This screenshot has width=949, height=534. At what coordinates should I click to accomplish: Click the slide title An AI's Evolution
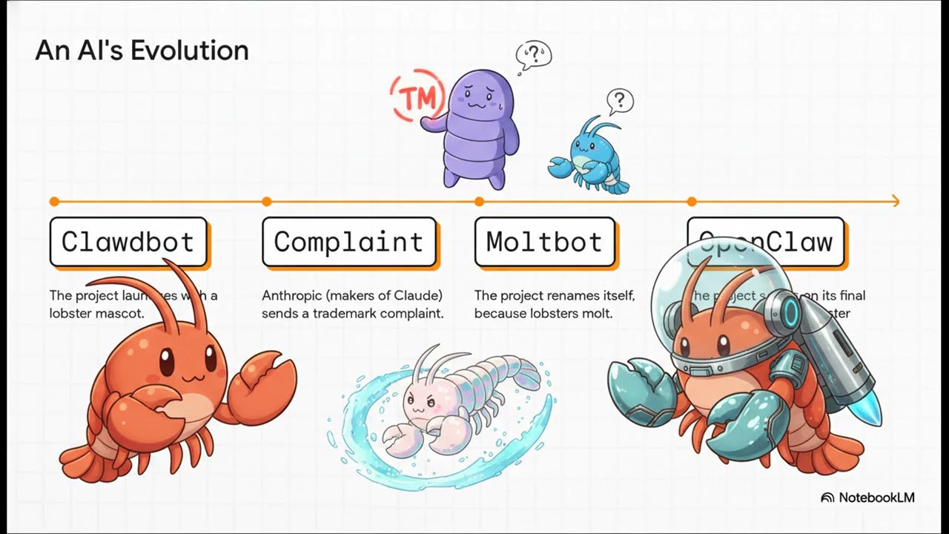point(142,50)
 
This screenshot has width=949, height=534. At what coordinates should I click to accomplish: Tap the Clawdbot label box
point(128,242)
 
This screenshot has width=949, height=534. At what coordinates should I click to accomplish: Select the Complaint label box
point(348,242)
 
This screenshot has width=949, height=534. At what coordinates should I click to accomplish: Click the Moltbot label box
point(544,242)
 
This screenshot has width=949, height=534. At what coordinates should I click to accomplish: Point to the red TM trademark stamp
point(417,95)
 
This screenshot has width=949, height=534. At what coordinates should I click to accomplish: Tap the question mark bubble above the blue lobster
point(620,99)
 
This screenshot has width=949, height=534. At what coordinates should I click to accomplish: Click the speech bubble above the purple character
point(532,55)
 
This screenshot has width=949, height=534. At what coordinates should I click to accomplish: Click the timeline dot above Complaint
point(267,201)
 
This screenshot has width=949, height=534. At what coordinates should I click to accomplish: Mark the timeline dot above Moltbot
point(479,201)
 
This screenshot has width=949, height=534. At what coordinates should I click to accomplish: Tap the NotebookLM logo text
point(876,498)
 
